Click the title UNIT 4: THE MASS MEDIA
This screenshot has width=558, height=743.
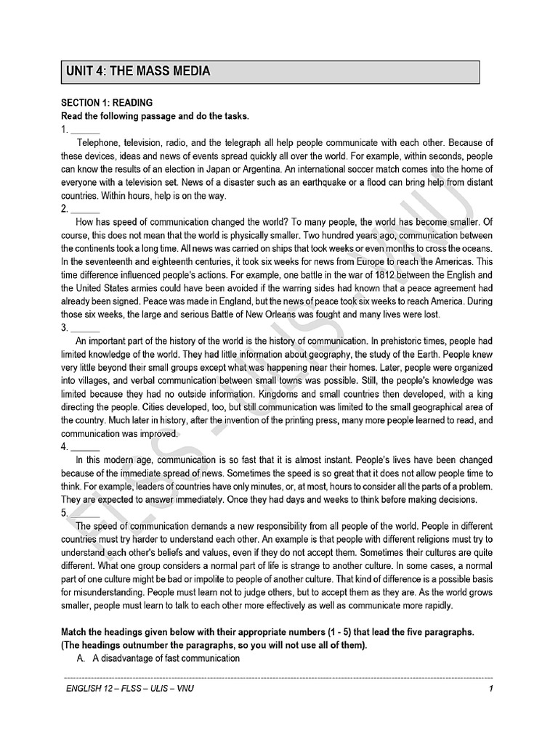tap(138, 71)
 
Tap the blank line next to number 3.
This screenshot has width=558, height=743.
tap(85, 328)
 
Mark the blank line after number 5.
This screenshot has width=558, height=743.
tap(85, 514)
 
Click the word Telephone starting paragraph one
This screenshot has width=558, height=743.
tap(100, 142)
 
